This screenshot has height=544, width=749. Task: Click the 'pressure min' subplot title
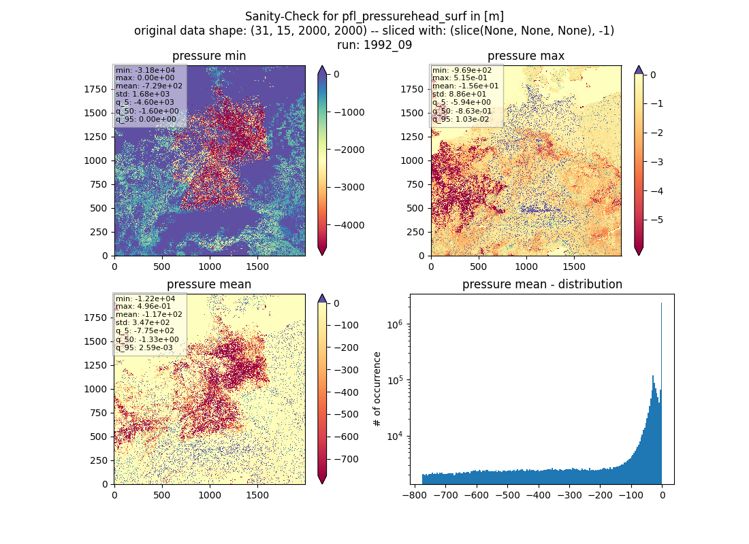pyautogui.click(x=209, y=56)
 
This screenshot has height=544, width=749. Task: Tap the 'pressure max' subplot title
pyautogui.click(x=526, y=56)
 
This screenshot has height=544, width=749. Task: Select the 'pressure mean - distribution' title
pyautogui.click(x=542, y=284)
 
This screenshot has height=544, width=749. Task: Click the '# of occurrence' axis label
pyautogui.click(x=377, y=390)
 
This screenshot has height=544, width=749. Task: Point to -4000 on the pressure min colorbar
pyautogui.click(x=349, y=225)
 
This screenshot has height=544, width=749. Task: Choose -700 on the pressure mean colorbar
pyautogui.click(x=347, y=460)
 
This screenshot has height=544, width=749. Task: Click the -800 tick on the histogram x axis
pyautogui.click(x=415, y=495)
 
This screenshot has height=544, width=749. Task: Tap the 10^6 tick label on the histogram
pyautogui.click(x=394, y=324)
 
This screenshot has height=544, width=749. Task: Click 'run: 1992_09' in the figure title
pyautogui.click(x=374, y=45)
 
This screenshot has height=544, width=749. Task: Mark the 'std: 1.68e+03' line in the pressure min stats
pyautogui.click(x=142, y=94)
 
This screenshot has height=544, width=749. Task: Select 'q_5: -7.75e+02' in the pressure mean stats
pyautogui.click(x=145, y=330)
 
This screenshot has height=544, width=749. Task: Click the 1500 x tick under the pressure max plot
pyautogui.click(x=574, y=267)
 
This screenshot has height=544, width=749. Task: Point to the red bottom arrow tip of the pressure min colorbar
pyautogui.click(x=323, y=255)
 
